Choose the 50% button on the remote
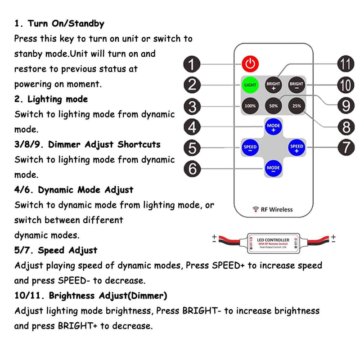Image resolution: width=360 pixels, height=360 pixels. point(273,106)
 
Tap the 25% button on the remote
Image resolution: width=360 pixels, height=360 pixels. point(297,106)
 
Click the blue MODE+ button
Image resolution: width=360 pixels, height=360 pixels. point(273,126)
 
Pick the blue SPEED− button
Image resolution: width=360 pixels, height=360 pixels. point(250,147)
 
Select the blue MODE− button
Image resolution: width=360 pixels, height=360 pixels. point(273,168)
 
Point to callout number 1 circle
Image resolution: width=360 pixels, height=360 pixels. point(192,64)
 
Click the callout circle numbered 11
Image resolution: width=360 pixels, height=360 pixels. point(345,64)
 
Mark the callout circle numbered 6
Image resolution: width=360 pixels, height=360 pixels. point(192,168)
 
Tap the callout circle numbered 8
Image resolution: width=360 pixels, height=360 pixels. point(345,127)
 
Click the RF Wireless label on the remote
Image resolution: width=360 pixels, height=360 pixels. point(274,209)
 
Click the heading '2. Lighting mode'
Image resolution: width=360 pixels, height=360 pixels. point(51,99)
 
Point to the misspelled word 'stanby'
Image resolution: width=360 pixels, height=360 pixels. point(29,54)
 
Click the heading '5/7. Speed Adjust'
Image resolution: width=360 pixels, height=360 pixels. point(56,250)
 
